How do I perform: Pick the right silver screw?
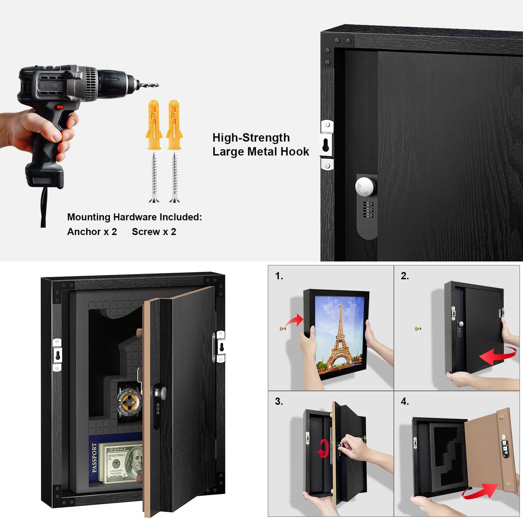pos(174,177)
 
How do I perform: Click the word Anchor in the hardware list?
pos(84,232)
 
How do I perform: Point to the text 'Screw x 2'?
pos(154,232)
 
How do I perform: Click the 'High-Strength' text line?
pos(251,138)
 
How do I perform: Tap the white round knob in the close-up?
pos(365,187)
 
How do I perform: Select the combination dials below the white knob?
pos(368,210)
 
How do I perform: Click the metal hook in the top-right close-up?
pos(327,145)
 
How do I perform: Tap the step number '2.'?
pos(405,276)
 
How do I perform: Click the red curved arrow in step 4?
pos(479,491)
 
